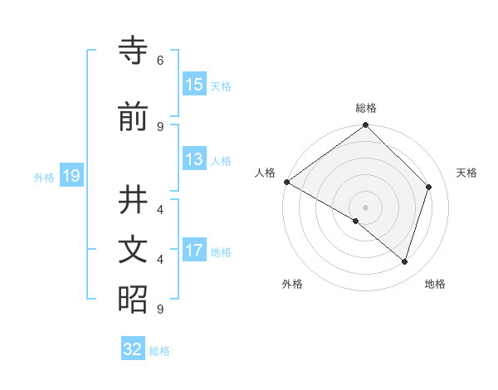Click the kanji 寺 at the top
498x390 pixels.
(x=133, y=52)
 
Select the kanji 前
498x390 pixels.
(x=133, y=118)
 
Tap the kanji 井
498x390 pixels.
(x=133, y=202)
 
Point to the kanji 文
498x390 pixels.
(x=133, y=251)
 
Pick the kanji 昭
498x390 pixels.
(x=133, y=300)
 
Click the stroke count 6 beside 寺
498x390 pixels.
(x=160, y=61)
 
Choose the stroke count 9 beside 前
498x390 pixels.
(x=160, y=126)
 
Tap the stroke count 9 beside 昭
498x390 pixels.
(x=160, y=309)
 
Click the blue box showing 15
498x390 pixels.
(x=194, y=85)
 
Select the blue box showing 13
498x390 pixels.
(x=194, y=160)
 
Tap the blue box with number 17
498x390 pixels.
(x=194, y=251)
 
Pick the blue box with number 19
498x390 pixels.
(x=71, y=176)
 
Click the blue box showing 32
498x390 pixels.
(x=133, y=349)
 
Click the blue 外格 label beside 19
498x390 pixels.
(x=44, y=177)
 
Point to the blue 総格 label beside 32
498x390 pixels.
(x=160, y=351)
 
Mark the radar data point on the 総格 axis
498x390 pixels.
(x=365, y=125)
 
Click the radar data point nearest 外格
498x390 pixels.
(x=355, y=222)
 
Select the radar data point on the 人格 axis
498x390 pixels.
(x=286, y=182)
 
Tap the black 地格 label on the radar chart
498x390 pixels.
(x=435, y=285)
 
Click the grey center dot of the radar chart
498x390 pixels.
(x=365, y=207)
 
